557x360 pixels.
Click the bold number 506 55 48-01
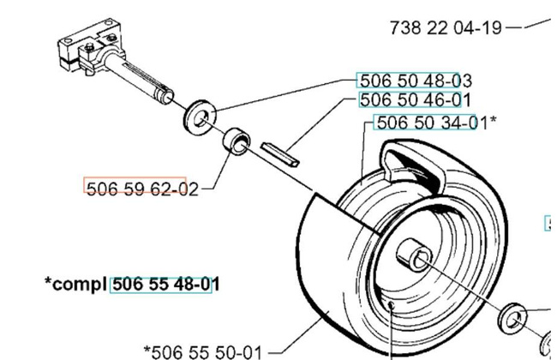coord(160,283)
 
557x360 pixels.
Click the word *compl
coord(75,283)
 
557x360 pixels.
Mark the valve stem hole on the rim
coord(389,305)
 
